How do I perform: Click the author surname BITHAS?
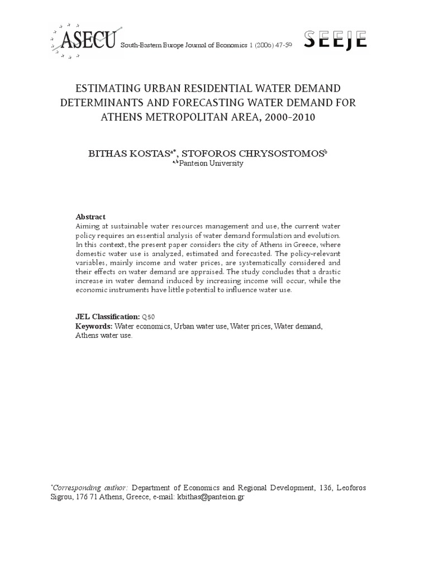click(111, 153)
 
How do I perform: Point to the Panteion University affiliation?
click(211, 164)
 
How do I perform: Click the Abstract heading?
click(90, 217)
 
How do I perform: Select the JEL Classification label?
click(107, 317)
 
